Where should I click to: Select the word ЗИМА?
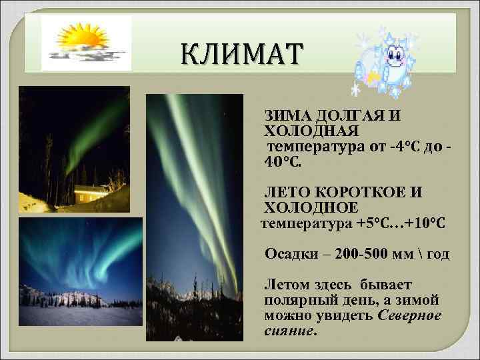[x=286, y=116]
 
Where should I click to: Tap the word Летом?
[x=287, y=285]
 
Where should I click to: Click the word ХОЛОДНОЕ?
[x=311, y=208]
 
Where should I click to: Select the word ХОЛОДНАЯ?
[x=312, y=131]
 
